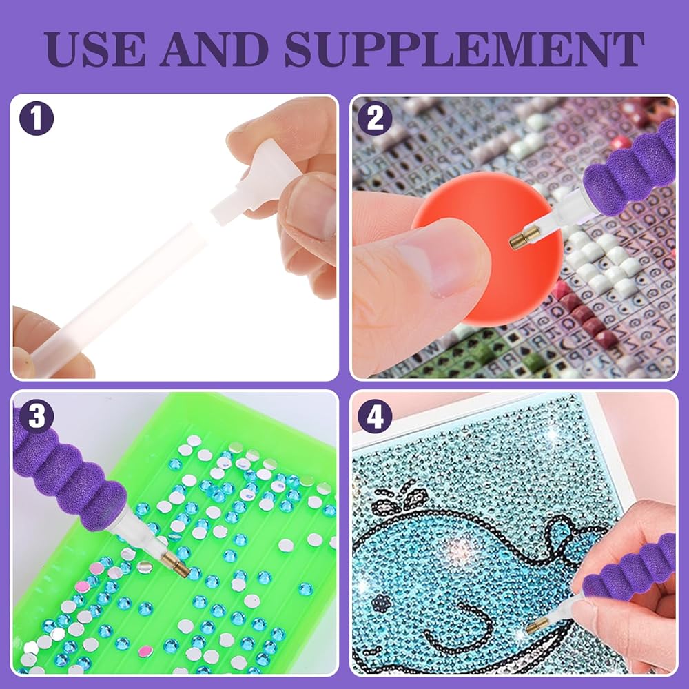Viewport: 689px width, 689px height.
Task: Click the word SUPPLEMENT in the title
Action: coord(464,48)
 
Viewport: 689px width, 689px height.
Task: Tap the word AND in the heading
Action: coord(214,48)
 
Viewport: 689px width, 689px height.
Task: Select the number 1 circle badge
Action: coord(37,119)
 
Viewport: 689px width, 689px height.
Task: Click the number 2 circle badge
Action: coord(375,119)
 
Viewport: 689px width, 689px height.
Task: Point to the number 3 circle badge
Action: coord(37,416)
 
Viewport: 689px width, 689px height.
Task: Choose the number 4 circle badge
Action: coord(375,416)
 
